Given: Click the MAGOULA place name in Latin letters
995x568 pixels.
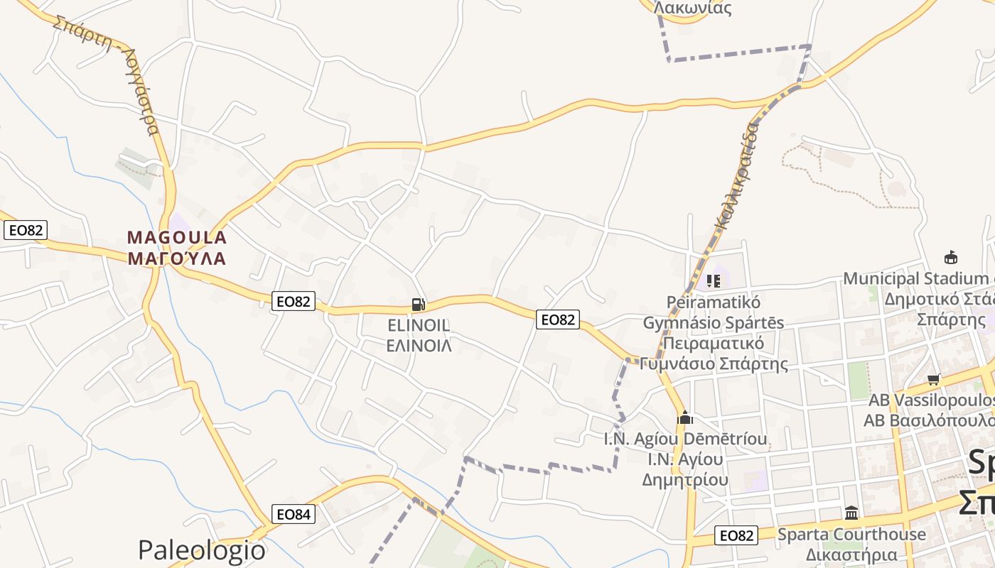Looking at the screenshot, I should coord(177,237).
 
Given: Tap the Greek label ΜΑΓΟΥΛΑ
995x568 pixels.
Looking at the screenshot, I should coord(177,258).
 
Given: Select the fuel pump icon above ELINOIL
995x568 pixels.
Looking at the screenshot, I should coord(419,305).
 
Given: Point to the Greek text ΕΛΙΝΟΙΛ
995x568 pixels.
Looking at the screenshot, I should coord(419,346).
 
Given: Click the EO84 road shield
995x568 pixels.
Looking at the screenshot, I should coord(294,514).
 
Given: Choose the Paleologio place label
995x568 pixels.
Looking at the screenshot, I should coord(202,550).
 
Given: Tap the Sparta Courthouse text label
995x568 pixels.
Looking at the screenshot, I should coord(851,534).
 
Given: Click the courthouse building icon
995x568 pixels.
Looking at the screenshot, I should coord(851,513).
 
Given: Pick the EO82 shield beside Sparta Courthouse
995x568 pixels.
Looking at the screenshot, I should coord(736,535).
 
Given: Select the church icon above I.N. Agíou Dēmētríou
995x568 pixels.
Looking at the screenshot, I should coord(685,417).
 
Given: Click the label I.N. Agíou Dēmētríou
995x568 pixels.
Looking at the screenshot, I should coord(685,439).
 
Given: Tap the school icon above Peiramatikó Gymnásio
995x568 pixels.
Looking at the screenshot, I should coord(714,281).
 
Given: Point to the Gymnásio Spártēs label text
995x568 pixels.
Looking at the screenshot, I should coord(714,322).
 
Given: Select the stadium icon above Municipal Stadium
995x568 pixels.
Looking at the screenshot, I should coord(950,257).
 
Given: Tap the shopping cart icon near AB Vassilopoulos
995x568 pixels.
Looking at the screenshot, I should coord(934,379).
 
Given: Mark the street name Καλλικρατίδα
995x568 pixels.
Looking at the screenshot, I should coord(737,176).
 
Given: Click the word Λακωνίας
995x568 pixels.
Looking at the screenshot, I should coord(692,9).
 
